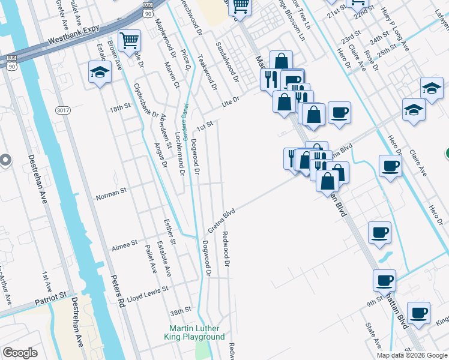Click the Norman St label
tap(112, 196)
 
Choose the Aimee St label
tap(124, 247)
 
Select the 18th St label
tap(119, 108)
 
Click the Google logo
tap(20, 353)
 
